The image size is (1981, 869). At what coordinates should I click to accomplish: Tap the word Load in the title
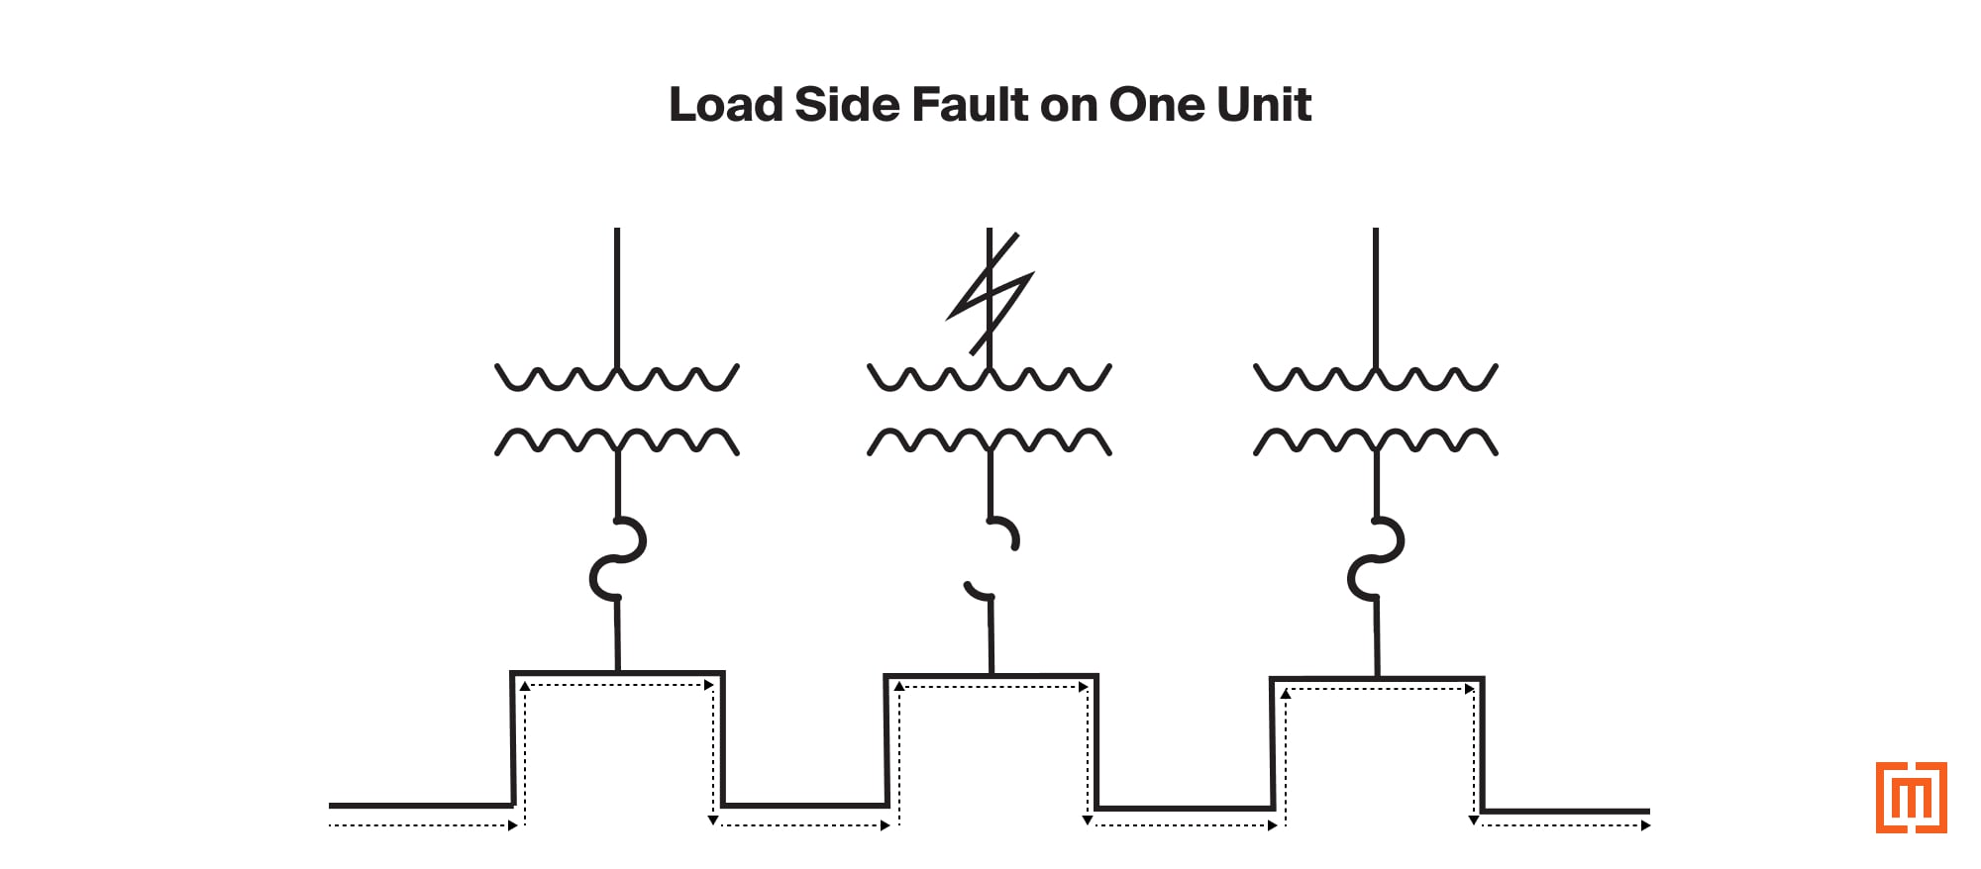(x=726, y=105)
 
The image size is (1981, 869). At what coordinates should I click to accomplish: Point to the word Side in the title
(x=847, y=105)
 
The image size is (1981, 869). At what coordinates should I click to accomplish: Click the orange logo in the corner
(x=1911, y=797)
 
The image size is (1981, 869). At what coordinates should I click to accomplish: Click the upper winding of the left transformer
(x=617, y=377)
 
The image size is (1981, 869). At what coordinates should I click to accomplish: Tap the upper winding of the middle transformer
(x=990, y=377)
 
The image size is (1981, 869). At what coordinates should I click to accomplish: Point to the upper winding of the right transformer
(x=1376, y=377)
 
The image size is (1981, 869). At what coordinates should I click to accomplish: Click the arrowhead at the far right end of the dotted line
(x=1645, y=825)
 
